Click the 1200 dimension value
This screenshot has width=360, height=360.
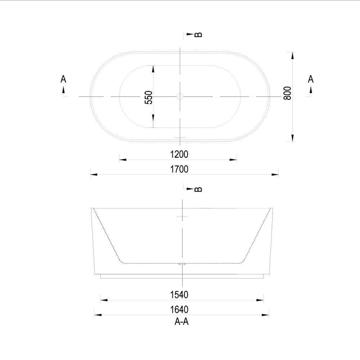[179, 154]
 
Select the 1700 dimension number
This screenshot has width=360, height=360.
[179, 169]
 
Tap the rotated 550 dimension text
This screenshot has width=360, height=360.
[149, 97]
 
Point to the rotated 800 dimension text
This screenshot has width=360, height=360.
[287, 93]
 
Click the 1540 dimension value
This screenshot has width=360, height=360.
[179, 294]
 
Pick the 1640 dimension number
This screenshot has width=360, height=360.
[179, 310]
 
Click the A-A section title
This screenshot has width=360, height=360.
[181, 321]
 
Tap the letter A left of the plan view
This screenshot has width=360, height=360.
[63, 79]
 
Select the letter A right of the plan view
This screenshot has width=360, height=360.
[311, 79]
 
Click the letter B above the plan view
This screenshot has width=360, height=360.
[198, 35]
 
